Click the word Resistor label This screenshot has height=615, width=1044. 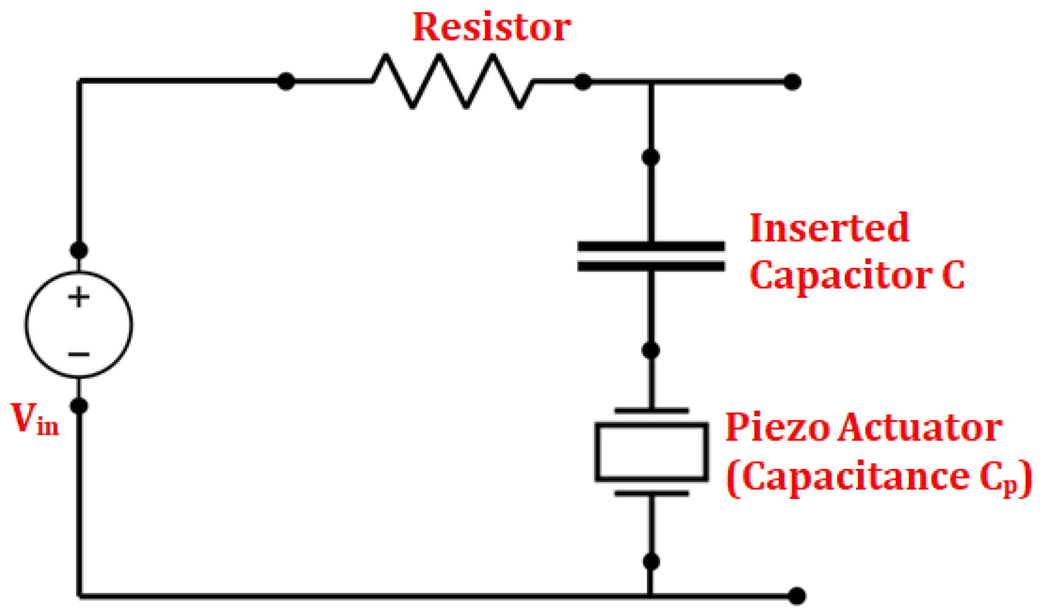[x=491, y=27]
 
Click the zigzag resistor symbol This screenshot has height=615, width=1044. [x=453, y=82]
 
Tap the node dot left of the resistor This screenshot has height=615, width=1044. [x=286, y=82]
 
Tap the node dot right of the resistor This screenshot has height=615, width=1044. [x=582, y=82]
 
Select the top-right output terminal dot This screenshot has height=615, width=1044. [x=792, y=82]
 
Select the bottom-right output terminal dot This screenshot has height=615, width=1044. [x=797, y=596]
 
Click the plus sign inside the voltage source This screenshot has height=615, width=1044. [x=79, y=298]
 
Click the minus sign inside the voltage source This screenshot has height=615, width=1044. [x=79, y=354]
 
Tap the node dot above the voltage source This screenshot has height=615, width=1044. [x=79, y=250]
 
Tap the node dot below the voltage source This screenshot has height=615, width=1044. [x=79, y=406]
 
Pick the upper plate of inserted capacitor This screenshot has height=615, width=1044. [x=651, y=247]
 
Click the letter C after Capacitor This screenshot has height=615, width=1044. [x=952, y=275]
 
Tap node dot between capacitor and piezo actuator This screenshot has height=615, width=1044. [x=651, y=350]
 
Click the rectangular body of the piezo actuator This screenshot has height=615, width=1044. [x=651, y=452]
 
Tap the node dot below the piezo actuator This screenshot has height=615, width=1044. [x=651, y=561]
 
